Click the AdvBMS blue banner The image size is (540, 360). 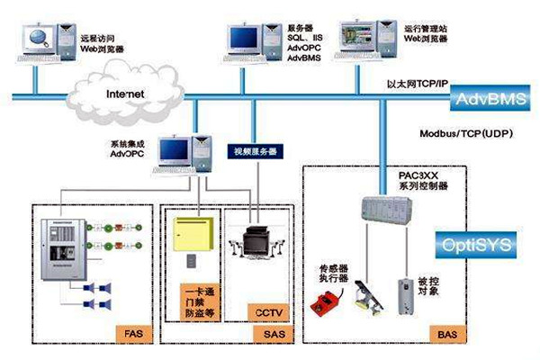[485, 98]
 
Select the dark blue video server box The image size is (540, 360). [255, 150]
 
